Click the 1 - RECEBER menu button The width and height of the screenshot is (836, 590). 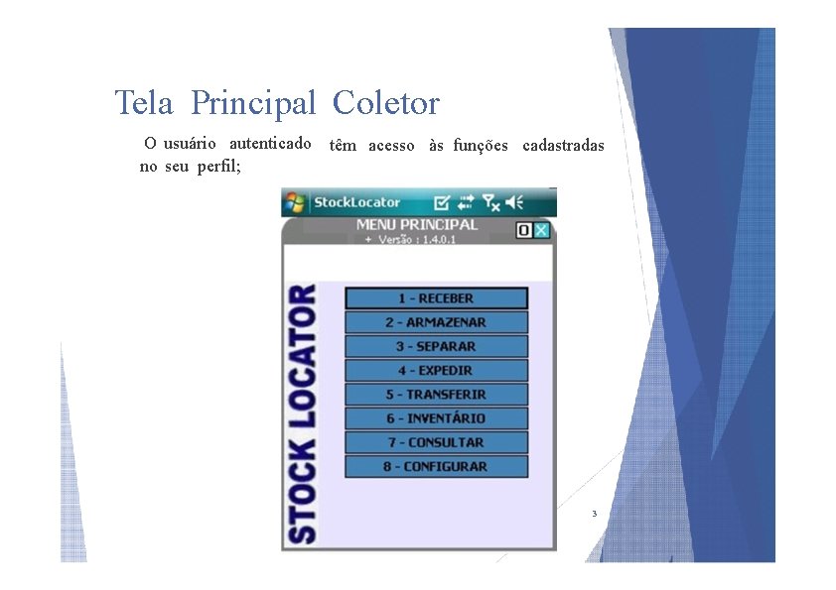coord(436,298)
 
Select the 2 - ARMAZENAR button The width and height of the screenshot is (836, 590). coord(436,322)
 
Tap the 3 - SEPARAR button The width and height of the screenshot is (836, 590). coord(436,347)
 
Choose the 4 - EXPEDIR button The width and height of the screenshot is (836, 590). coord(436,371)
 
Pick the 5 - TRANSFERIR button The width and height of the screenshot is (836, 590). coord(436,395)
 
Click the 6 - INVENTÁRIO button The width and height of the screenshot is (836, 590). coord(436,418)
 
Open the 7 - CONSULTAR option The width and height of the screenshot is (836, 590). coord(436,442)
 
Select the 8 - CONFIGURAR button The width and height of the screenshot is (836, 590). coord(436,466)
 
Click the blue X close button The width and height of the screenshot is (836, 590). coord(541,230)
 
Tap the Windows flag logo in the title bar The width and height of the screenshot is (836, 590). coord(296,202)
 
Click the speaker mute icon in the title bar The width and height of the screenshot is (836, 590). coord(514,202)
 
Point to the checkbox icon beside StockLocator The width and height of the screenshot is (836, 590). coord(442,202)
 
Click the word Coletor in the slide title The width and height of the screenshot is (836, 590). coord(386,103)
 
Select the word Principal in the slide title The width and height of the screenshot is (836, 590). coord(253,103)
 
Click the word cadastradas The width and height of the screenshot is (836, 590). coord(562,146)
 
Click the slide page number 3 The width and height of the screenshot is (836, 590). coord(594,514)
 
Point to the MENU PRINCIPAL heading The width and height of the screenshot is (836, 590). coord(417,225)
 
